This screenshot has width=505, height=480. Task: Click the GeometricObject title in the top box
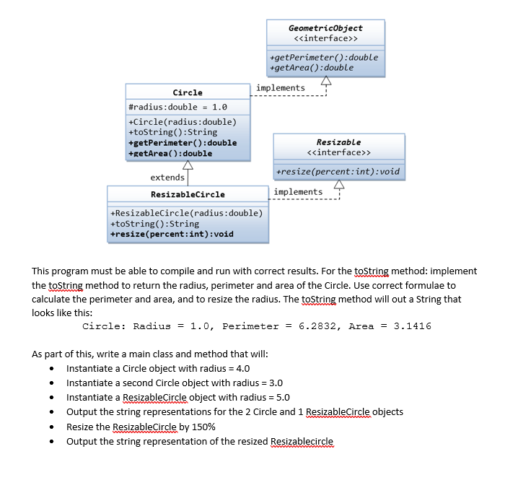click(325, 27)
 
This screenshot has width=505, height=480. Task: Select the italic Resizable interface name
click(338, 142)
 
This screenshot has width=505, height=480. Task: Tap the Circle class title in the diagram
click(188, 92)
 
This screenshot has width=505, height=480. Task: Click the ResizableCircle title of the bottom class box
click(188, 194)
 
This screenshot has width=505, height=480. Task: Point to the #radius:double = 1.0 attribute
click(177, 107)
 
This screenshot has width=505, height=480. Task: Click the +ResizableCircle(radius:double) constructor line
click(186, 214)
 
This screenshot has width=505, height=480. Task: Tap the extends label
click(167, 178)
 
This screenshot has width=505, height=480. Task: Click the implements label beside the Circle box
click(280, 88)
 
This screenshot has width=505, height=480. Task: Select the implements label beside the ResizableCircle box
click(298, 191)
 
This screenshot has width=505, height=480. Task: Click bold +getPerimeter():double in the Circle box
click(182, 142)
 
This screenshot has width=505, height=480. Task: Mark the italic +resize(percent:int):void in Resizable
click(338, 172)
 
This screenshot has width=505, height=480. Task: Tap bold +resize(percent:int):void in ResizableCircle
click(172, 234)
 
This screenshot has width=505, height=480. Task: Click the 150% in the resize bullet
click(203, 427)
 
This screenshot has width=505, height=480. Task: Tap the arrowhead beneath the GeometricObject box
click(326, 80)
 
